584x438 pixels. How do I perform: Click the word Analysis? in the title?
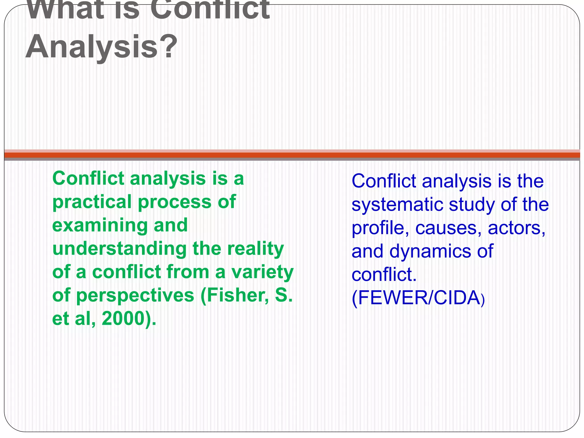coord(101,47)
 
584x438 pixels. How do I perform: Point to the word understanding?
coord(119,249)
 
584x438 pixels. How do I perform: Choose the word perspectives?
coord(135,295)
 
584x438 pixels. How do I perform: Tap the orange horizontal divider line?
coord(292,155)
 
